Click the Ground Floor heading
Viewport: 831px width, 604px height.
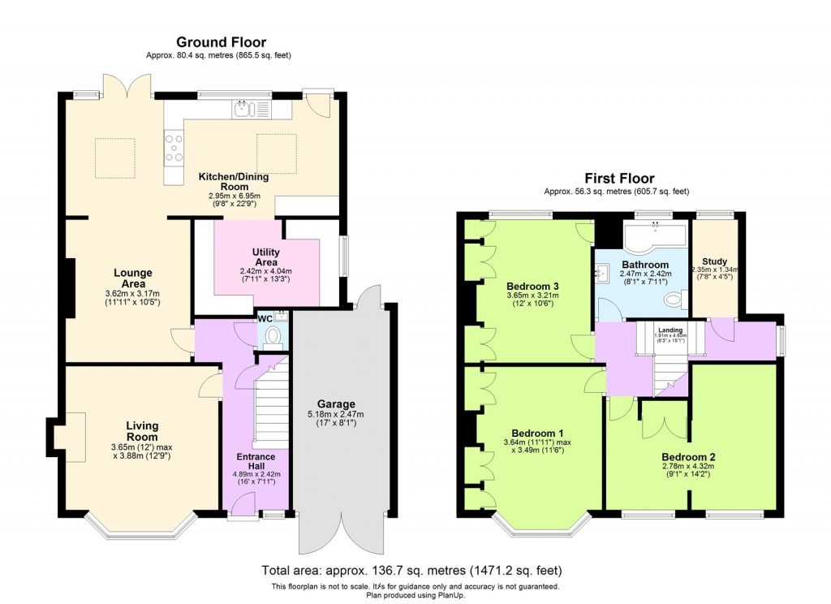coord(221,42)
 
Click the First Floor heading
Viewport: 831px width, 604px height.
coord(619,179)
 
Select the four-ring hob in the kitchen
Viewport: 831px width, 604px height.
coord(174,148)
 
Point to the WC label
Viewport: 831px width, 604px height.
coord(265,318)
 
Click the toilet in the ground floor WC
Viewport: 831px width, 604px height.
coord(274,336)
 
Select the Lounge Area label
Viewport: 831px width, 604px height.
coord(133,278)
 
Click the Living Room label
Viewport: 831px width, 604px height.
coord(142,431)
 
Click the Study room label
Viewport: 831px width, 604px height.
coord(714,261)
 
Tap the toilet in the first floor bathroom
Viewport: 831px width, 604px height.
coord(672,301)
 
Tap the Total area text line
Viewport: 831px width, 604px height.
coord(411,571)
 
